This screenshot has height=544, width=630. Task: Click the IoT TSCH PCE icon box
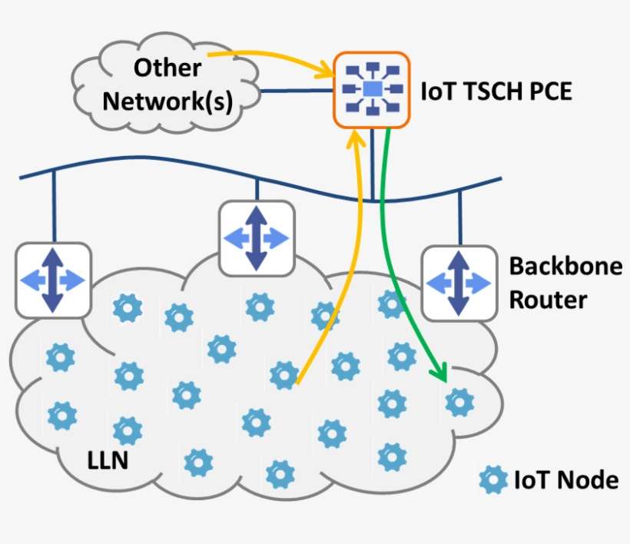[x=372, y=90]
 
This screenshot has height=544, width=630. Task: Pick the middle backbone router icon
[x=257, y=237]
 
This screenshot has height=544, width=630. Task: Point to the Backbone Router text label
[x=565, y=283]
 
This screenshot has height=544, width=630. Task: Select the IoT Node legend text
[x=565, y=481]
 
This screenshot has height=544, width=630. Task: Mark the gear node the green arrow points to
[x=459, y=400]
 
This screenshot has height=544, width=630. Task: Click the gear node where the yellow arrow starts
[x=284, y=374]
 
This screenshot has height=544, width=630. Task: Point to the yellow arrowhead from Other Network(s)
[x=326, y=73]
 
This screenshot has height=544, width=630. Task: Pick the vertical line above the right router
[x=459, y=217]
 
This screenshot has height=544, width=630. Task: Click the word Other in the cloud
[x=167, y=68]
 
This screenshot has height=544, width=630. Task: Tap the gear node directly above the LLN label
[x=127, y=430]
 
